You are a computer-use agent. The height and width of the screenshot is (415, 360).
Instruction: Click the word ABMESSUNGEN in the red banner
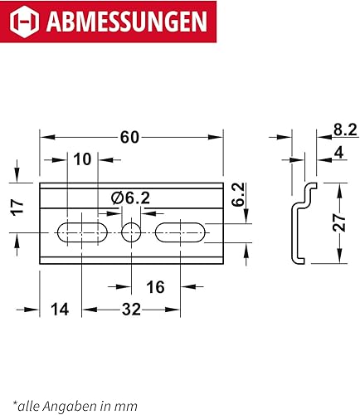coord(127,22)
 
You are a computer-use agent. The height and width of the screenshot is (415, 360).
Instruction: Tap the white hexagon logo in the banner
coord(24,22)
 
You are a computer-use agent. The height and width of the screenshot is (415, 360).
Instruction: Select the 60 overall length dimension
coord(129,137)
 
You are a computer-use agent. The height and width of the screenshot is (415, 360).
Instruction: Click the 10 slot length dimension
coord(82,159)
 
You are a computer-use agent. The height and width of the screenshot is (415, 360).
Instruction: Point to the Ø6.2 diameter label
coord(130,198)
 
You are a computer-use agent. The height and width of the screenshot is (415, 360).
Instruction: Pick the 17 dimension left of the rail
coord(17,207)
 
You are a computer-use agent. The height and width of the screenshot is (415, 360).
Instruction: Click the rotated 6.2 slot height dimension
coord(238,194)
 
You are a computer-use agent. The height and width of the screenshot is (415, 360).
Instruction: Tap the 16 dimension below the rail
coord(156,287)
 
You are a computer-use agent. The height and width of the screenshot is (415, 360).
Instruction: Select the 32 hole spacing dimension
coord(131,310)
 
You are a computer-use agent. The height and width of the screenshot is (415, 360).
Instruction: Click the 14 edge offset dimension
coord(60,310)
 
